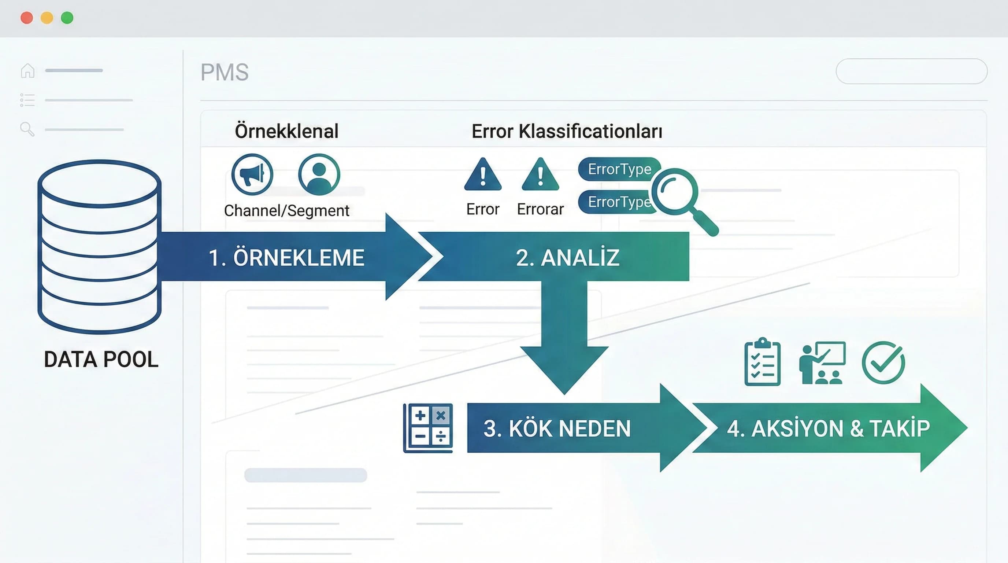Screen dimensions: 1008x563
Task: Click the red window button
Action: pos(27,18)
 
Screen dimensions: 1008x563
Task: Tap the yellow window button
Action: pos(47,18)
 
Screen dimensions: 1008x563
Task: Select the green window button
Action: pos(67,18)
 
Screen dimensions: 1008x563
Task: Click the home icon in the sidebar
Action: pos(28,70)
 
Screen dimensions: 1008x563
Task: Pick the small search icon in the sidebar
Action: pos(27,129)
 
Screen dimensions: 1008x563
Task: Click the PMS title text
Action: pos(225,72)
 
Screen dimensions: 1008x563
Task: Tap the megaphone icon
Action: pos(252,174)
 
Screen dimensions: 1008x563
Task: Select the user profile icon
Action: pos(319,174)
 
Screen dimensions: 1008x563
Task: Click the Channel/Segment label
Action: pos(286,211)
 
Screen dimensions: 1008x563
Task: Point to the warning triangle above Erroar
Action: pos(540,174)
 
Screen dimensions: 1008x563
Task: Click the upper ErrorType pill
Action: pos(619,169)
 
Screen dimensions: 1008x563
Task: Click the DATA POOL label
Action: pos(101,360)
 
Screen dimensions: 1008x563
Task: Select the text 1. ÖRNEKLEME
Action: pos(286,258)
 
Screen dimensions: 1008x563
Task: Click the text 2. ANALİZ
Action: pos(567,257)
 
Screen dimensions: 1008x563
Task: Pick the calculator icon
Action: pos(428,428)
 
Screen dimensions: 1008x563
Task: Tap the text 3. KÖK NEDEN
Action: pos(557,428)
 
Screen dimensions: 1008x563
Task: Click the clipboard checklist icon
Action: pos(762,362)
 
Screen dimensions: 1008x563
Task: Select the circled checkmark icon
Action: pos(883,363)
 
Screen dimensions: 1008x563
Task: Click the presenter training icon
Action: pos(822,363)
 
